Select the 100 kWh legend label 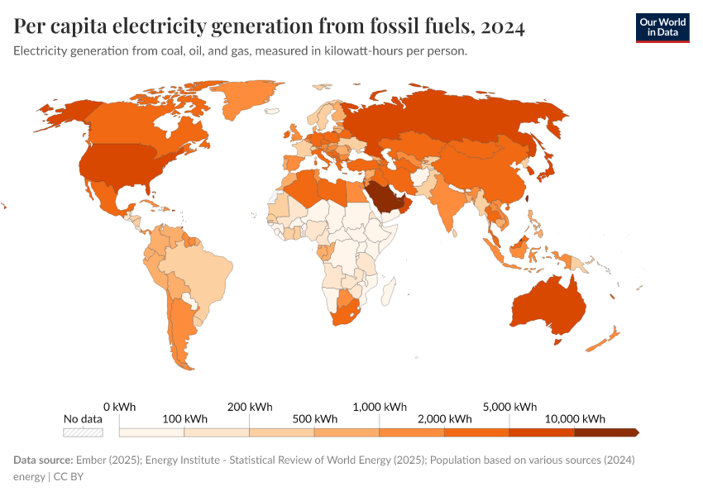[185, 419]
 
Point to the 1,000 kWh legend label [380, 407]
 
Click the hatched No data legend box [84, 432]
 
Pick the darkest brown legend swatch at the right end [605, 432]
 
